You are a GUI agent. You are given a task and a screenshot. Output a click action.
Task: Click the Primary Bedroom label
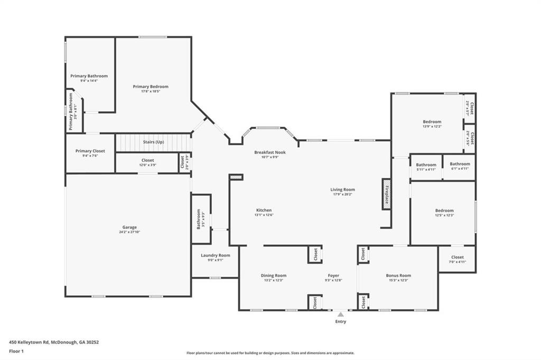tap(151, 87)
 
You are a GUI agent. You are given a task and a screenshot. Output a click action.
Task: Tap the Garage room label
tap(129, 228)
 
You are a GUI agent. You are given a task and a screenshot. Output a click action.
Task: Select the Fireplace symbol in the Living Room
tap(386, 194)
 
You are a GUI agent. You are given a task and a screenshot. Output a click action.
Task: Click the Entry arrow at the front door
tap(341, 315)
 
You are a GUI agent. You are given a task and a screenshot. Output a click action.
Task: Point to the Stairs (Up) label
tap(153, 142)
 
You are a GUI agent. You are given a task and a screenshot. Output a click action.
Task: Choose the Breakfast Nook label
tap(269, 153)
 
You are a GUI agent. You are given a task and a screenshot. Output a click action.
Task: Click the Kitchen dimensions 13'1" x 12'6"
tap(264, 215)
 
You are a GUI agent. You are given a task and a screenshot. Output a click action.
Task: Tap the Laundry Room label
tap(216, 255)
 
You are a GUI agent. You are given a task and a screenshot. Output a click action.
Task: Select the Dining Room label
tap(273, 276)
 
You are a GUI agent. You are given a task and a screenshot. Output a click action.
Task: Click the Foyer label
tap(333, 276)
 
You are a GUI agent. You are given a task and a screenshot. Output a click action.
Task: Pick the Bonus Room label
tap(398, 276)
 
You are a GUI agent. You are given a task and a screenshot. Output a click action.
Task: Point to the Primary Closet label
tap(90, 151)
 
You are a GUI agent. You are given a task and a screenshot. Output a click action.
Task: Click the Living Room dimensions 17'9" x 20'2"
tap(343, 194)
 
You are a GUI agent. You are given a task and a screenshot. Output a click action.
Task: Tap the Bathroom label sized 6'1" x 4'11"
tap(460, 164)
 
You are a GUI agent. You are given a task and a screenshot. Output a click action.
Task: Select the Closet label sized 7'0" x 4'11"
tap(458, 258)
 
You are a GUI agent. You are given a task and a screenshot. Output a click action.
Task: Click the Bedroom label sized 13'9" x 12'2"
tap(432, 122)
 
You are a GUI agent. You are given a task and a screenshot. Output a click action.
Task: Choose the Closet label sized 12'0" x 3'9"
tap(147, 160)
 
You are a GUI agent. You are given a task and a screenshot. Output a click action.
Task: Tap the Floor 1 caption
tap(17, 351)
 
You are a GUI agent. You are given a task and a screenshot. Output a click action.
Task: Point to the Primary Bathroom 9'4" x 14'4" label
tap(89, 76)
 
